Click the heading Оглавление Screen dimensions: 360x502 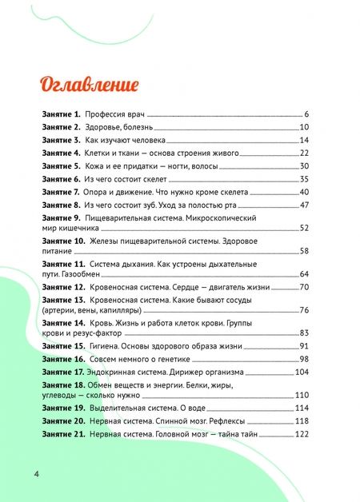(x=88, y=84)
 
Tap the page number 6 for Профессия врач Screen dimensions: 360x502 (x=306, y=115)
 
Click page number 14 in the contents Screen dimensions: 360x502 (x=304, y=140)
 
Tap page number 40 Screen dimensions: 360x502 (x=304, y=192)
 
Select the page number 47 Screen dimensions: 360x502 (x=304, y=205)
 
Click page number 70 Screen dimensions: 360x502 (x=304, y=287)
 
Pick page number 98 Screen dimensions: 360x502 (x=304, y=360)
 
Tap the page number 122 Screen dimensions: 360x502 (x=302, y=434)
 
